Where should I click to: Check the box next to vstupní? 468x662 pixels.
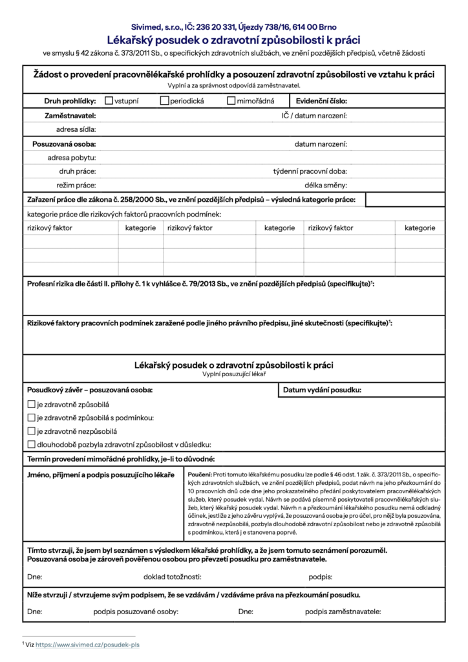point(109,101)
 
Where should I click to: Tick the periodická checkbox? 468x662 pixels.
point(165,101)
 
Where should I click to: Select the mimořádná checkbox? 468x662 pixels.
point(231,101)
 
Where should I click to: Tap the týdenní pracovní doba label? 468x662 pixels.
point(310,171)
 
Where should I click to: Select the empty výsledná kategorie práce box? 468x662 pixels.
point(405,200)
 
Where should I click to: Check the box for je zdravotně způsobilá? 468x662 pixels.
point(31,404)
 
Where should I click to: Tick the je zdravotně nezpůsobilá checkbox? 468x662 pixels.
point(31,431)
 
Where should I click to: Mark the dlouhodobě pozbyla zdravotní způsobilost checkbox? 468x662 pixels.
point(31,444)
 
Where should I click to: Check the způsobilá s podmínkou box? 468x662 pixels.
point(31,418)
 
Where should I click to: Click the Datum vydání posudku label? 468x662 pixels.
point(322,390)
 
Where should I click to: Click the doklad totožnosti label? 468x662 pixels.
point(172,577)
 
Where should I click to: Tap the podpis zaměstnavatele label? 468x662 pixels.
point(343,611)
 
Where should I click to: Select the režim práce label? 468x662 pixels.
point(76,186)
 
